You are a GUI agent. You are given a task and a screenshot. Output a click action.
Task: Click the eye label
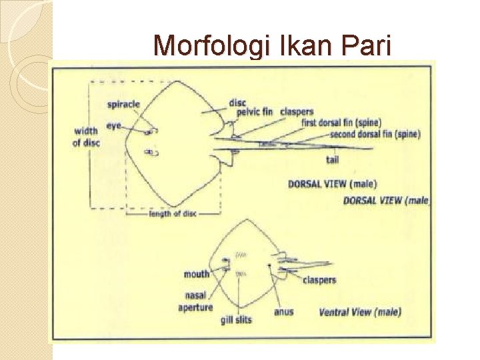tap(113, 125)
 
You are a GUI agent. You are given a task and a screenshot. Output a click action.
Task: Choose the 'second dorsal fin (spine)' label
tap(375, 134)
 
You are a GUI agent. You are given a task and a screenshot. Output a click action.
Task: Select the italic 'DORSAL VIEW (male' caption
tap(387, 200)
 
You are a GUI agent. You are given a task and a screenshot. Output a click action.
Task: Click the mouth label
tap(197, 274)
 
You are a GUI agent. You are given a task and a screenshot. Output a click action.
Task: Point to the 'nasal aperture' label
tap(195, 301)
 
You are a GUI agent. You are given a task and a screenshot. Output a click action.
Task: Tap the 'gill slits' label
tap(236, 320)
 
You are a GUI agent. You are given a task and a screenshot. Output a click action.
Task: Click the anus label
tap(283, 311)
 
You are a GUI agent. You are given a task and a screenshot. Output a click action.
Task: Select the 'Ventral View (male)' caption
tap(359, 311)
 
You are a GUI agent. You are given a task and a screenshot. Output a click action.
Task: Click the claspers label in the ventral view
tap(319, 281)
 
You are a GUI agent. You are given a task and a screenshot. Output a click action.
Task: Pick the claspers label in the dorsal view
tap(297, 111)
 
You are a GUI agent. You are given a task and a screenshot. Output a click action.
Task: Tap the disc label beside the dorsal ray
tap(237, 102)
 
